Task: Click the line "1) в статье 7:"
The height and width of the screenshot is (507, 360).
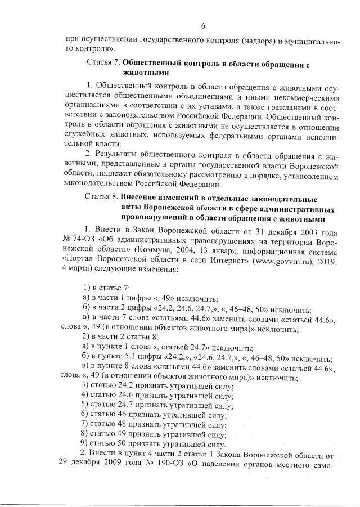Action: tap(106, 288)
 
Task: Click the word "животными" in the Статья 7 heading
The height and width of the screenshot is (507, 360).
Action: tap(144, 73)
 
